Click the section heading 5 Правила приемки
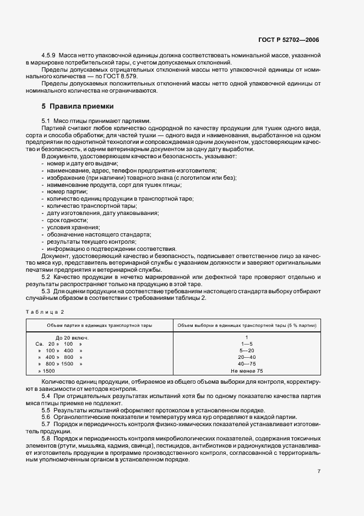point(77,106)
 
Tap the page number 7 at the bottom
point(319,471)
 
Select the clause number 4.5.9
point(49,56)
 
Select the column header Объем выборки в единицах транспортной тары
point(246,326)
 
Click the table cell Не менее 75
point(247,371)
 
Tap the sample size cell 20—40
point(247,357)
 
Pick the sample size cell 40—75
point(247,364)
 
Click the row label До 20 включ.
point(73,337)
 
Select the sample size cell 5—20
point(247,351)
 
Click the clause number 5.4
point(46,396)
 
